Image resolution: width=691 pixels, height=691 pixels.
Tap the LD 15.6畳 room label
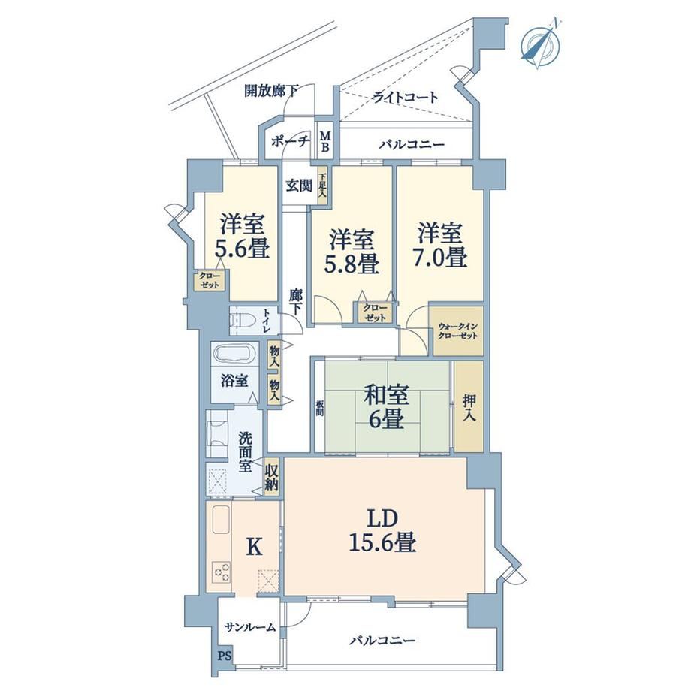pos(382,530)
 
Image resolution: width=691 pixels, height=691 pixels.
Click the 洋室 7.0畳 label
pos(440,245)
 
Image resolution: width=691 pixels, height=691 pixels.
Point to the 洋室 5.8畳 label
pos(352,251)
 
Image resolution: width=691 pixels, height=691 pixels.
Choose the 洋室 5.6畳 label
pos(242,236)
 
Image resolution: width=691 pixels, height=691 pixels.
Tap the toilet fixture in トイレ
pos(243,321)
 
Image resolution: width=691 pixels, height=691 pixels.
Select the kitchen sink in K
pos(222,520)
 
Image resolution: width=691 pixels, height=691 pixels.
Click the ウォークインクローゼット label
pos(458,331)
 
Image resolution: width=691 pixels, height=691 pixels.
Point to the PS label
pos(225,656)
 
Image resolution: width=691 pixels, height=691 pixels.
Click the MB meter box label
pos(325,141)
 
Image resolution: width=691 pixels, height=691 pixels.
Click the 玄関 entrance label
pos(299,186)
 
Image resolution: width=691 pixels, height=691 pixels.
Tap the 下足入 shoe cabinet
pos(322,186)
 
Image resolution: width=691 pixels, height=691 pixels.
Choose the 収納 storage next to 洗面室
pos(271,478)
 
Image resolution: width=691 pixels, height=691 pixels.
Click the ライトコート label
pos(406,96)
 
